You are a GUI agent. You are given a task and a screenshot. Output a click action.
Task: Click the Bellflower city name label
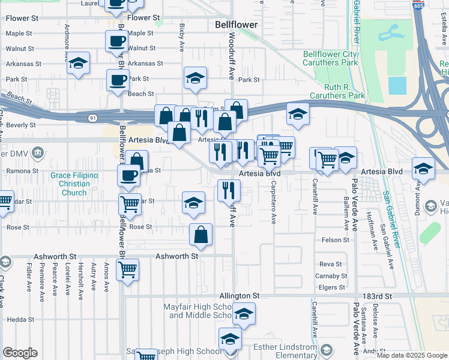pyautogui.click(x=237, y=25)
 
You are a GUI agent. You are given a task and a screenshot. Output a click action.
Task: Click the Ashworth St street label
pyautogui.click(x=177, y=256)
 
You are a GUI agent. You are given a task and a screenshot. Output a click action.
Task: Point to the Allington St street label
pyautogui.click(x=239, y=296)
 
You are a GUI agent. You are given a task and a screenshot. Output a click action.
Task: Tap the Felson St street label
pyautogui.click(x=336, y=240)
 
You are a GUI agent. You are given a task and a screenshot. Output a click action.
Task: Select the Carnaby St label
pyautogui.click(x=328, y=276)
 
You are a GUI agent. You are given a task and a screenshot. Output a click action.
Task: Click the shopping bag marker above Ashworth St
pyautogui.click(x=201, y=235)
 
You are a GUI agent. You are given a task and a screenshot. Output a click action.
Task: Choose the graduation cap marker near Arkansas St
pyautogui.click(x=78, y=64)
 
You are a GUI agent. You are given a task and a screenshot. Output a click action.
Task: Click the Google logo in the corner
pyautogui.click(x=20, y=353)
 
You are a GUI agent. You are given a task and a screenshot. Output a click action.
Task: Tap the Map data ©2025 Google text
pyautogui.click(x=411, y=355)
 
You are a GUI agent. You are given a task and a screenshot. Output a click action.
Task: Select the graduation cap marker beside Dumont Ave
pyautogui.click(x=424, y=169)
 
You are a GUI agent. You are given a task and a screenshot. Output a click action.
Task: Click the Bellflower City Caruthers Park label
pyautogui.click(x=330, y=58)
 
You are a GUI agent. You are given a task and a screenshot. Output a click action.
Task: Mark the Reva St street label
pyautogui.click(x=331, y=264)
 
